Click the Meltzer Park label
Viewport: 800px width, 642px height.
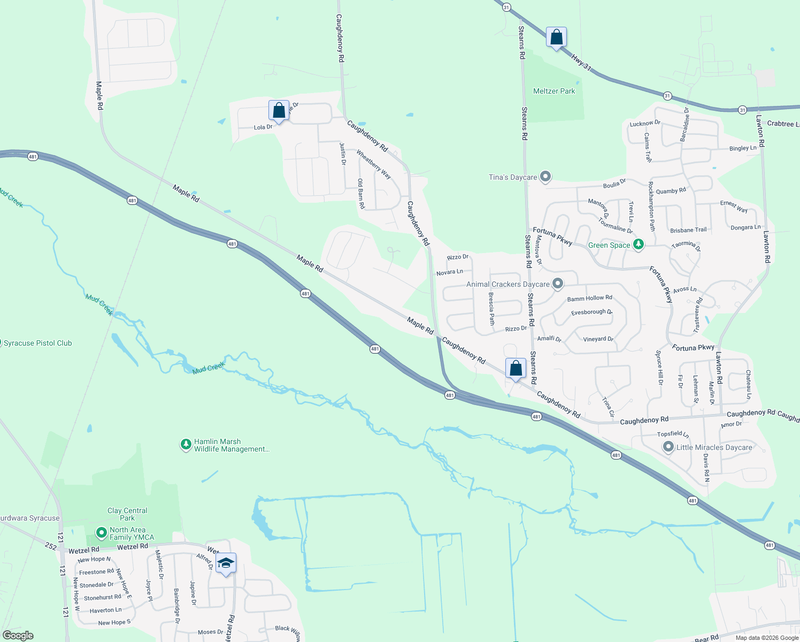coord(554,91)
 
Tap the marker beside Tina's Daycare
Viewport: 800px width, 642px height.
coord(545,177)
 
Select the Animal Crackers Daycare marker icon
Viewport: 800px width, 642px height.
coord(558,284)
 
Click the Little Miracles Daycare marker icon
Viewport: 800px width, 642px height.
coord(668,447)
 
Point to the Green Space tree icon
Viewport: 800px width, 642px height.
coord(638,244)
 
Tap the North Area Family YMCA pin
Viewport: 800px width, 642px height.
coord(101,533)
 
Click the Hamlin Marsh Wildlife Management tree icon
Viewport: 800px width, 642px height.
coord(186,445)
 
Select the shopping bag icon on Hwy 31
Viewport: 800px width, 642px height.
coord(556,37)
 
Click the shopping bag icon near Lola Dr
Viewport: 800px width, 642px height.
coord(279,111)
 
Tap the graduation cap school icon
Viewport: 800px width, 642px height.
coord(226,563)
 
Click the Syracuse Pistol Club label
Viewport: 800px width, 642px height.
coord(37,343)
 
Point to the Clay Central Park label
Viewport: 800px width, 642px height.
coord(127,514)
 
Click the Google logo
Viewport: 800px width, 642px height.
coord(18,636)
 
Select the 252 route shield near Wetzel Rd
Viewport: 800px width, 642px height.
coord(51,546)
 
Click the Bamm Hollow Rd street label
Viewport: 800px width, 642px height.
coord(589,298)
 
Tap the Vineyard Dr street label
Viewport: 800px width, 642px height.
coord(598,339)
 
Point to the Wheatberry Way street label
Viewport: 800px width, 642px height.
coord(374,164)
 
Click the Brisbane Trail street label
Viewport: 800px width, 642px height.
coord(688,230)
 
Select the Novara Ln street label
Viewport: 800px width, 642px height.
coord(449,272)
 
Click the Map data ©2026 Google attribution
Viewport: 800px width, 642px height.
coord(767,638)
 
